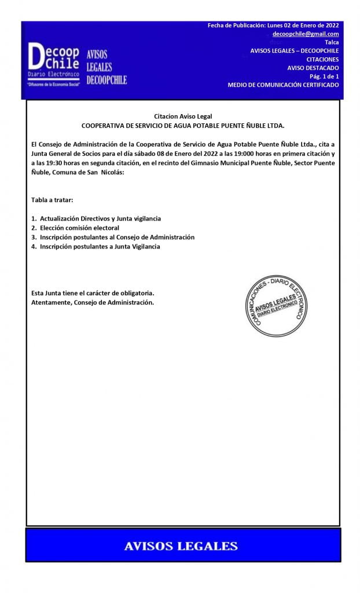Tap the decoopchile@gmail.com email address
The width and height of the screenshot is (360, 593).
(x=306, y=34)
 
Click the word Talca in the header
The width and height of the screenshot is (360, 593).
(x=332, y=43)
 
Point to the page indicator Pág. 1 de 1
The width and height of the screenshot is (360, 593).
(x=324, y=76)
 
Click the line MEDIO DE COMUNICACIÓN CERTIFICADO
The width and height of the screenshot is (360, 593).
(x=283, y=85)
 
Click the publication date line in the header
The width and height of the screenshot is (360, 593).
(x=273, y=25)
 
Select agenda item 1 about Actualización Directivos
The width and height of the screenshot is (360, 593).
(x=96, y=218)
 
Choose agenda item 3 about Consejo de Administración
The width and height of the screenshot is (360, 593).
(x=113, y=237)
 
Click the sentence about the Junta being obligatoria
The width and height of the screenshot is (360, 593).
(x=93, y=293)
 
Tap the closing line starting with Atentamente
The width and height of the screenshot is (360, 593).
(x=93, y=302)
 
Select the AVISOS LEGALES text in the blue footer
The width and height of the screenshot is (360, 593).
(x=181, y=546)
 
